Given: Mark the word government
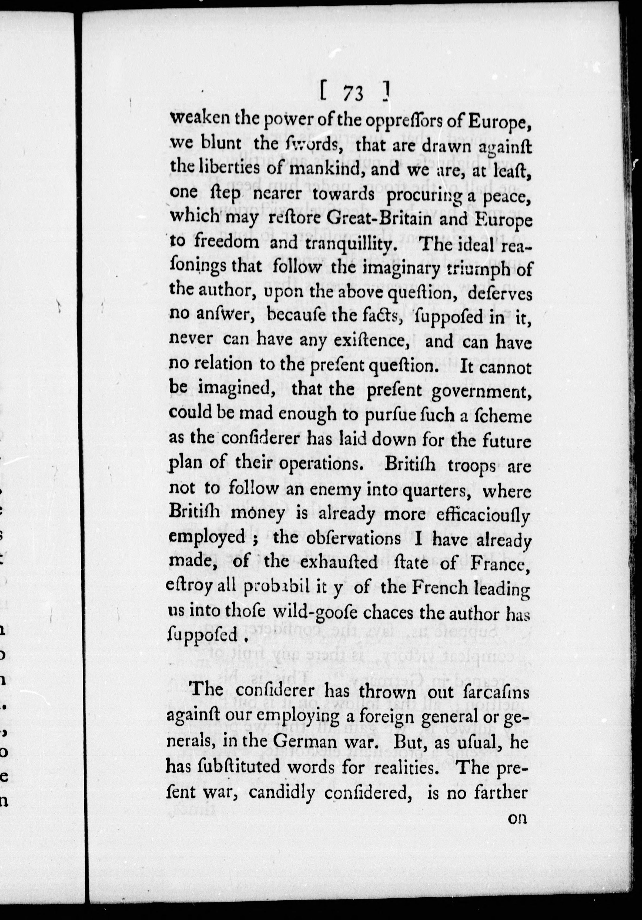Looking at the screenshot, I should pyautogui.click(x=481, y=391).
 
